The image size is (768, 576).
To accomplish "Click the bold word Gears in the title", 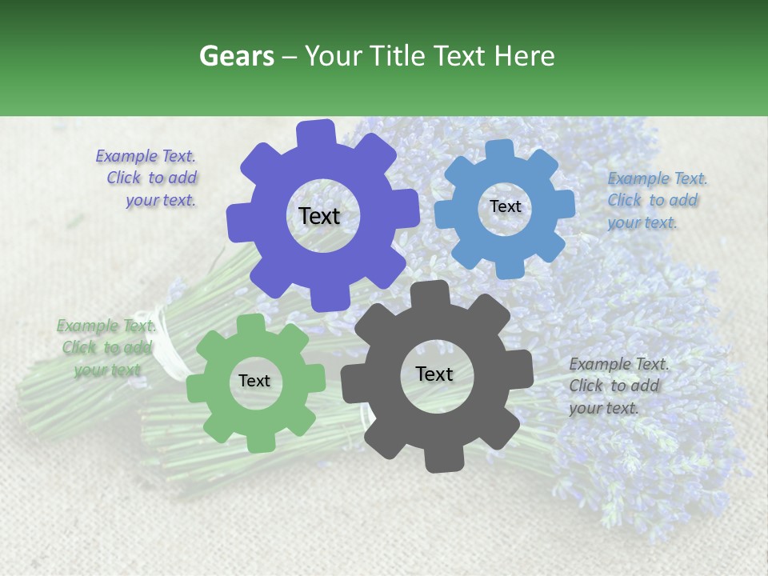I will (x=235, y=56).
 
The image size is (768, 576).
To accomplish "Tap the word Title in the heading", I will (x=398, y=56).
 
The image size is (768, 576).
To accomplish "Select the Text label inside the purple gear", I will (x=319, y=216).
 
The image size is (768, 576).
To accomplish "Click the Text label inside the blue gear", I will (x=505, y=206).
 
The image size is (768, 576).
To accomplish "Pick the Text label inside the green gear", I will (x=254, y=381).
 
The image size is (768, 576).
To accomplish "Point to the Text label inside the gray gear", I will (x=434, y=374).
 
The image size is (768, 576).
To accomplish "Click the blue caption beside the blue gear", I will (x=657, y=200).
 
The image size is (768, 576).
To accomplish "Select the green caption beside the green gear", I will (x=104, y=347).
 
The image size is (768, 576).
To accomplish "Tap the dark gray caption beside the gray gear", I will (x=618, y=386).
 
